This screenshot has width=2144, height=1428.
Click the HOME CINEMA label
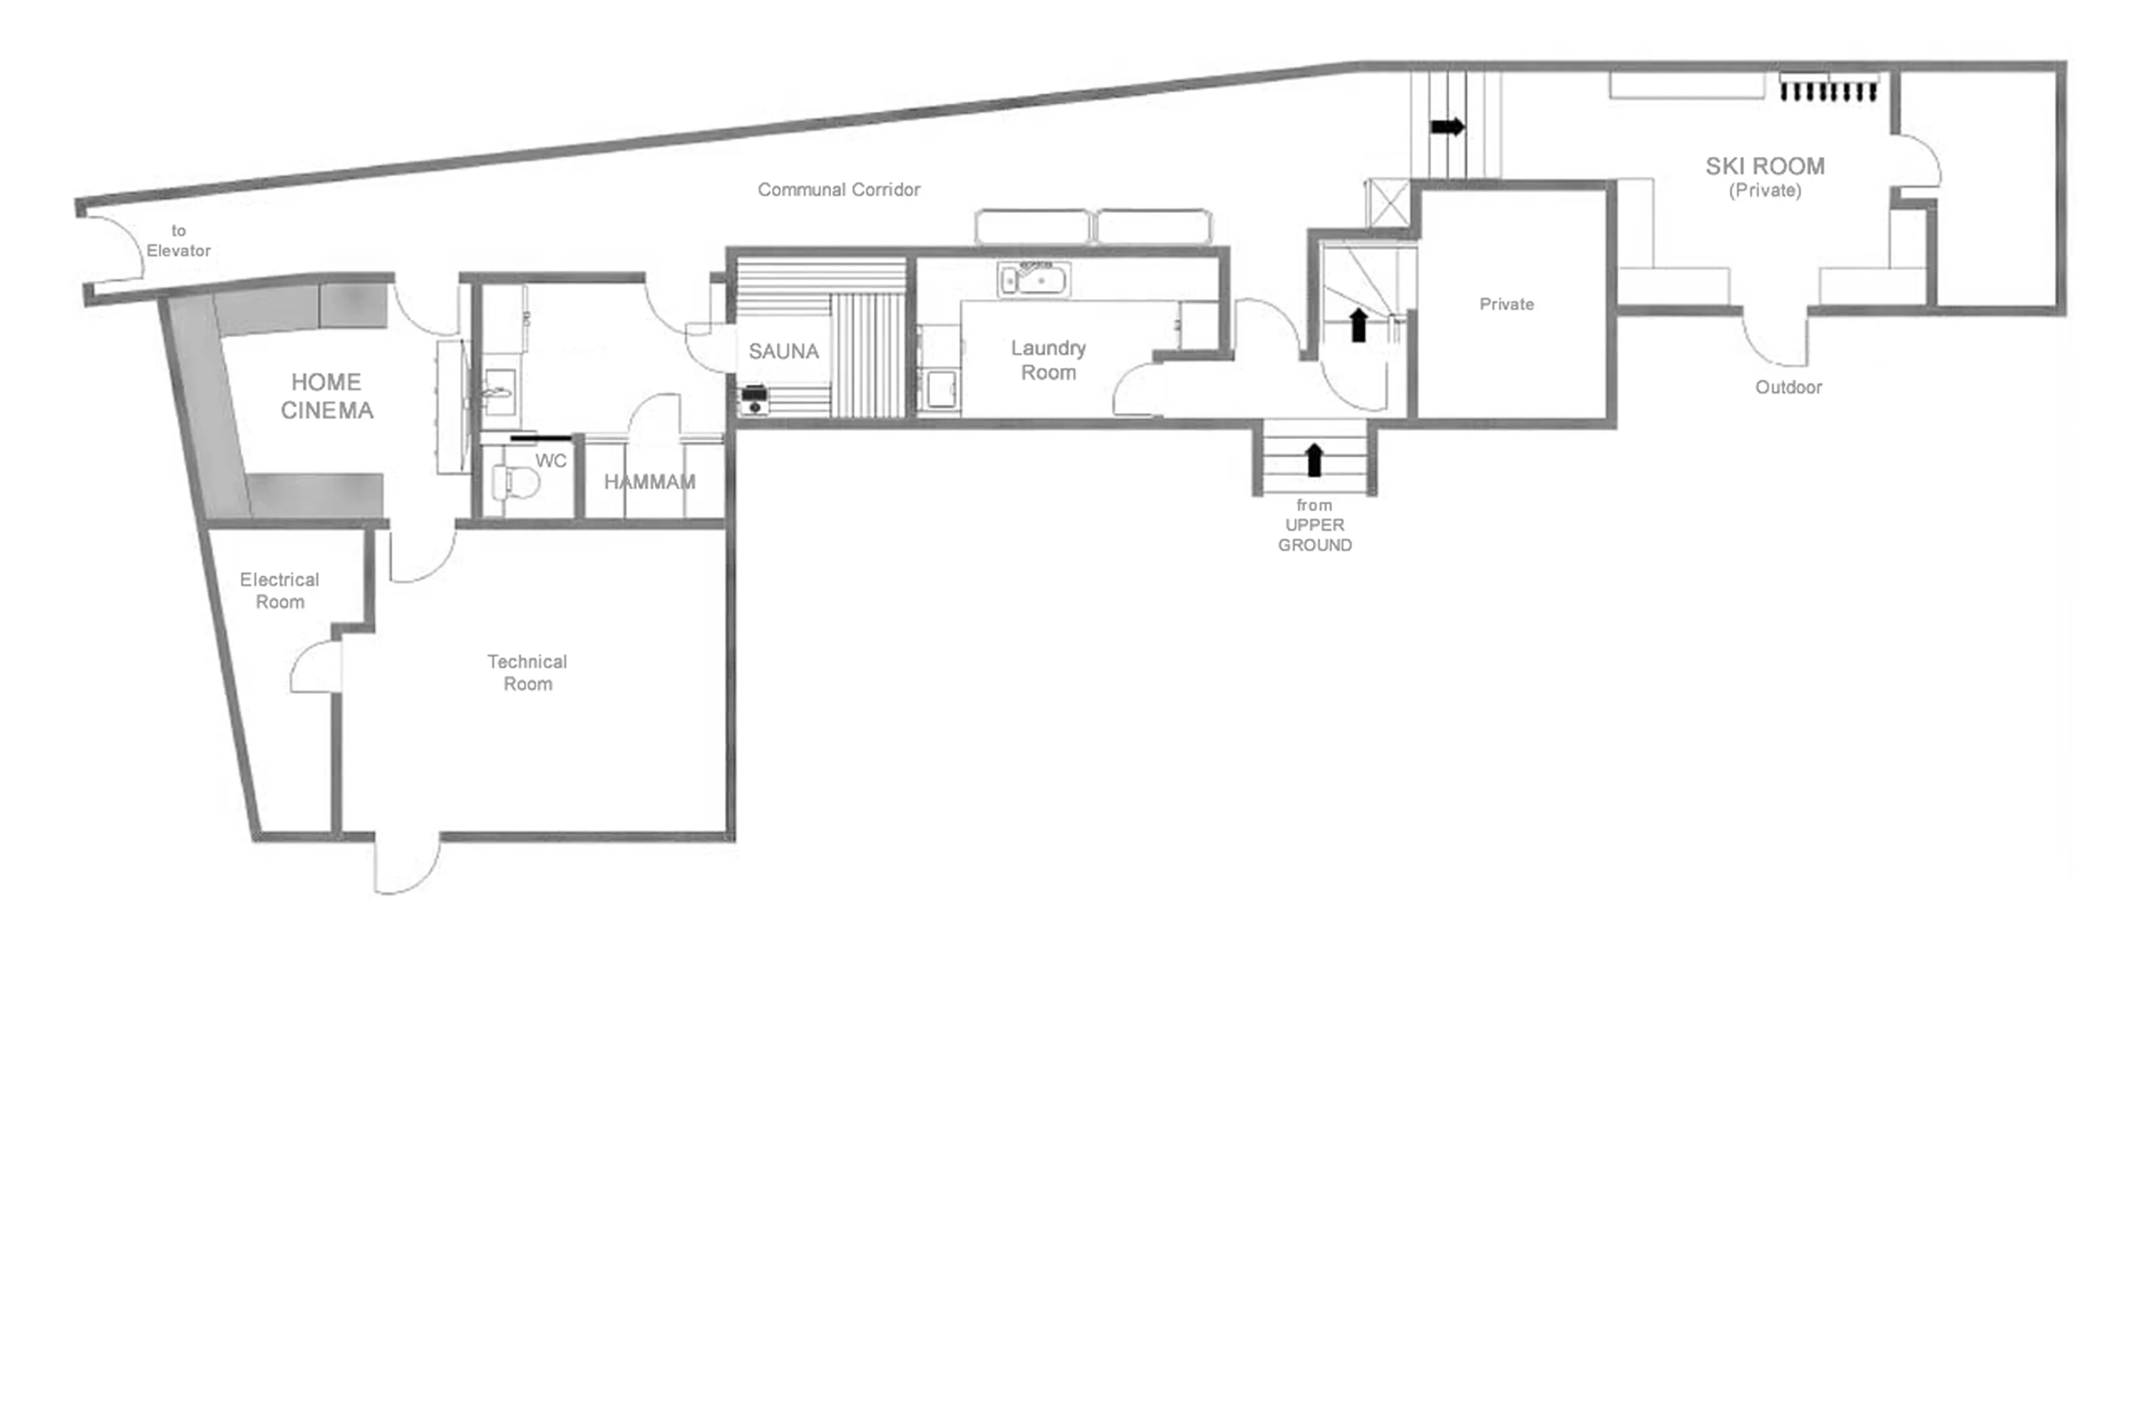[326, 396]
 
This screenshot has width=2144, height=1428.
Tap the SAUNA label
[783, 352]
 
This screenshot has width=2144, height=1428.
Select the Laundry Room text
[1048, 360]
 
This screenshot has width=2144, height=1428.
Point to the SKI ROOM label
[1764, 167]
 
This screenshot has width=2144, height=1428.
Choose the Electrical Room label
[279, 590]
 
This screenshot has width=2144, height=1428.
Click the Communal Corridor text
[838, 189]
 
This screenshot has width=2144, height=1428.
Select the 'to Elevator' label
[179, 241]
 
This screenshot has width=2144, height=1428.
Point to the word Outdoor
[1788, 387]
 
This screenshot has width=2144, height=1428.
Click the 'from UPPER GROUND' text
[1314, 525]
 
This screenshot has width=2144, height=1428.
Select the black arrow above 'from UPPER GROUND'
[1313, 460]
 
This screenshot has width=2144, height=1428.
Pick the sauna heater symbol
[754, 400]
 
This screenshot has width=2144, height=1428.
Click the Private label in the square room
[1505, 304]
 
